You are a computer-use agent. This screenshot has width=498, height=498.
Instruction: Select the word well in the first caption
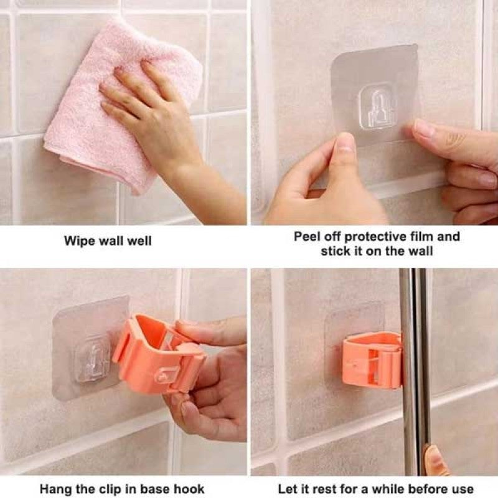tap(139, 241)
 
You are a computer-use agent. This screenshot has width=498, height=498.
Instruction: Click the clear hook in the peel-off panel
tap(378, 106)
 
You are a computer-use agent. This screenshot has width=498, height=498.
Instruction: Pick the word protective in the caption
tap(375, 237)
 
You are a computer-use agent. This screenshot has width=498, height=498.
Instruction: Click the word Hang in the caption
tap(56, 489)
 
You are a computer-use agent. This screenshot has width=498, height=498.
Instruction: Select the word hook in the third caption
tap(189, 489)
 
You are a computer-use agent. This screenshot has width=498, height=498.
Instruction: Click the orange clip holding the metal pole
tap(372, 360)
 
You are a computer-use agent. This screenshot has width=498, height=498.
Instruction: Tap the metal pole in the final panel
tap(415, 372)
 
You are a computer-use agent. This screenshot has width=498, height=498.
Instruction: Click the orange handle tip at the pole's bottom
tap(435, 461)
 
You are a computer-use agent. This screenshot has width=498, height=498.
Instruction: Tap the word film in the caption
tap(422, 237)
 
